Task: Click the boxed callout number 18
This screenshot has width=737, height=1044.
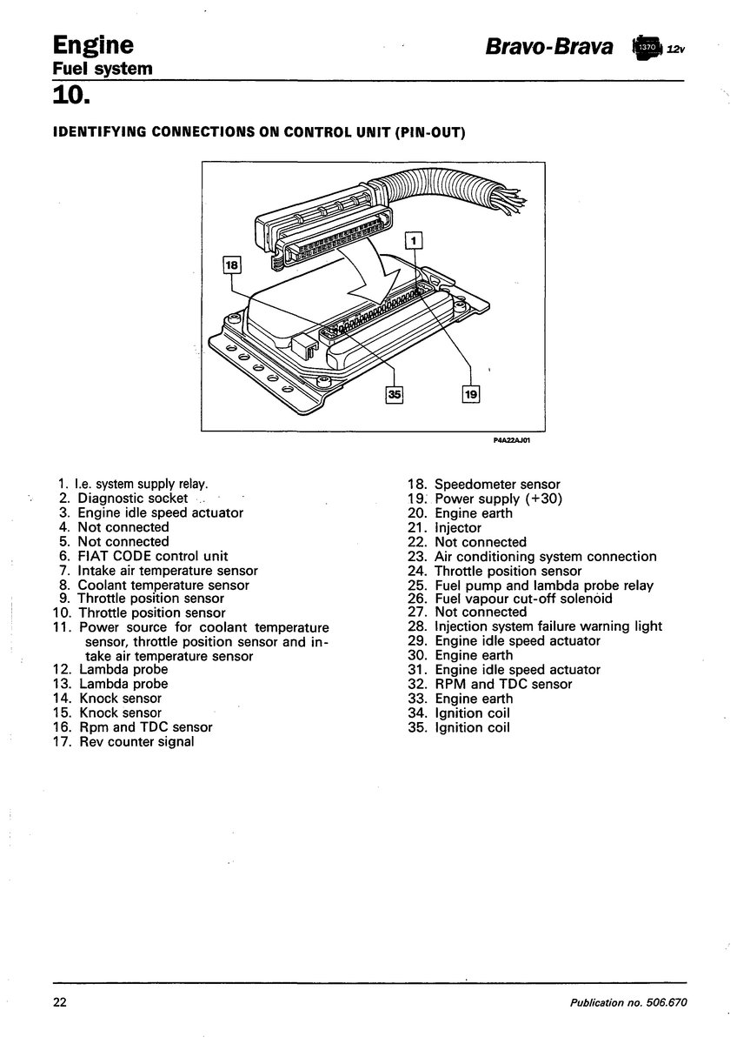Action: (231, 265)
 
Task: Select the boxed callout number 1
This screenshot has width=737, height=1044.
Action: (414, 240)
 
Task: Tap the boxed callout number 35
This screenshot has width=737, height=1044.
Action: (395, 394)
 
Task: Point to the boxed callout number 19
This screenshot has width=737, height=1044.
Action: (471, 394)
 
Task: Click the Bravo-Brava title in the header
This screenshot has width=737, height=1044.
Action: (549, 47)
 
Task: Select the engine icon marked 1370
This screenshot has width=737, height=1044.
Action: (647, 48)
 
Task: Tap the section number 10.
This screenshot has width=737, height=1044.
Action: (70, 95)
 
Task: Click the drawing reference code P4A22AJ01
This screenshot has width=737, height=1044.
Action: (512, 440)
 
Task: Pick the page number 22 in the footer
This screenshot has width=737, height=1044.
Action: (60, 1002)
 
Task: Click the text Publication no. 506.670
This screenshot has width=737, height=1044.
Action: (628, 1002)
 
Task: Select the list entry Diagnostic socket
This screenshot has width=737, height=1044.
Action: (132, 499)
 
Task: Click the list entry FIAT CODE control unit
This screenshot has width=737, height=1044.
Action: (153, 556)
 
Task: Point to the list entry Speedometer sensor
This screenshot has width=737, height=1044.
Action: (497, 485)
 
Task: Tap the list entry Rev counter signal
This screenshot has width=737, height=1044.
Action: (136, 741)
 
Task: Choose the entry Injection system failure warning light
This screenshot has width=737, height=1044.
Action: (548, 626)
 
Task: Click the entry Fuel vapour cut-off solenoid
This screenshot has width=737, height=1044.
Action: (523, 599)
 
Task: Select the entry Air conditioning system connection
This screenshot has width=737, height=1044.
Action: (545, 557)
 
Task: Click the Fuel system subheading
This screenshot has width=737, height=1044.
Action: (103, 69)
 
